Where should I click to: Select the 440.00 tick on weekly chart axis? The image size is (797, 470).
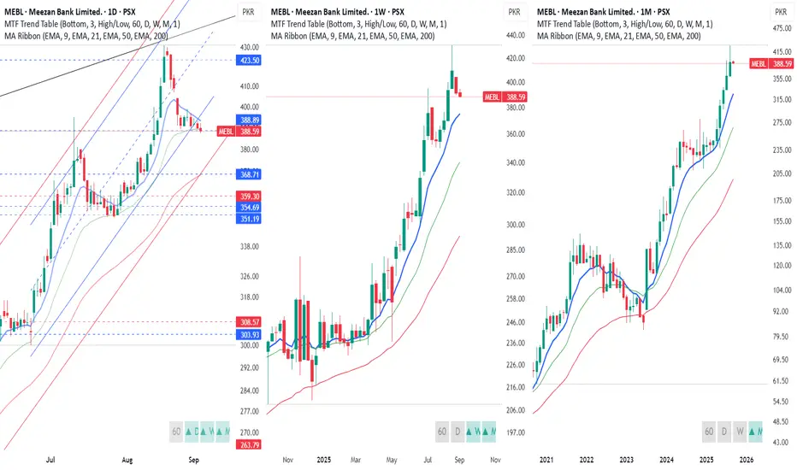514,35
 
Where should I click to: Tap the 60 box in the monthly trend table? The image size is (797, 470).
709,432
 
